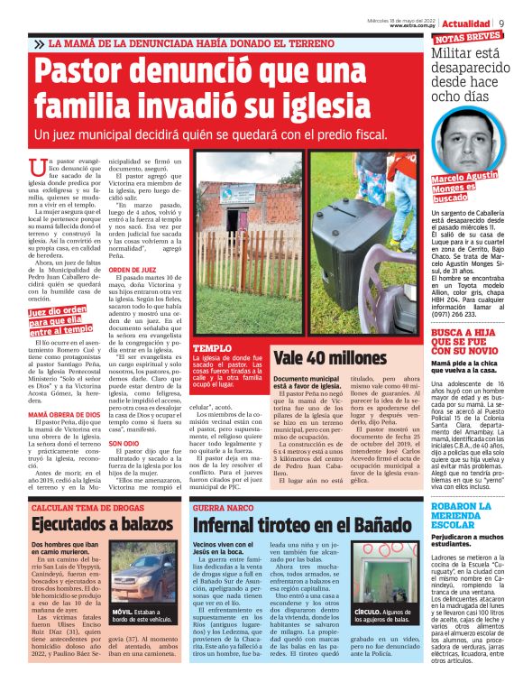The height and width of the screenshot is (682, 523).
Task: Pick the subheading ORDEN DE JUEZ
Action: point(133,269)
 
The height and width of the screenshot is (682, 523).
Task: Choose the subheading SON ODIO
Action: point(124,443)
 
